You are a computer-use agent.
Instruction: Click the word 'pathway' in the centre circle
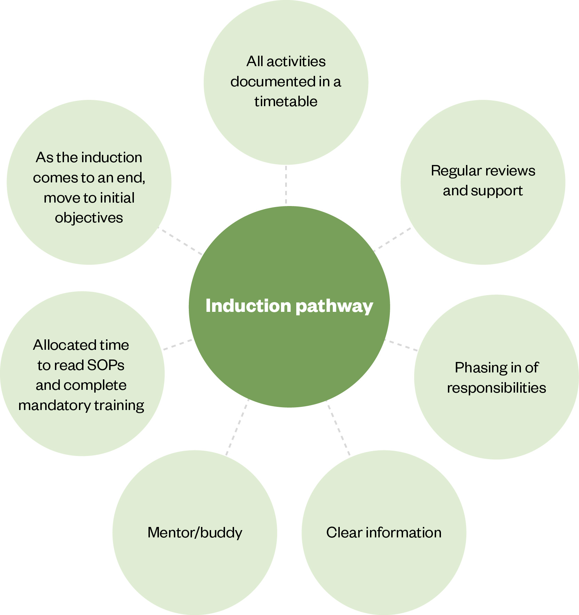point(334,306)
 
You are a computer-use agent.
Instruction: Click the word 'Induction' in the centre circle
point(248,306)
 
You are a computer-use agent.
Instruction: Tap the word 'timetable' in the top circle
point(286,102)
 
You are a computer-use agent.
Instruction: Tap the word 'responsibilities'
point(496,388)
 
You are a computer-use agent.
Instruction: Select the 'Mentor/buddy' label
point(195,533)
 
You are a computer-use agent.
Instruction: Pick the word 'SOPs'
point(106,365)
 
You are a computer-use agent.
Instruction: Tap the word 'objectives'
point(89,218)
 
